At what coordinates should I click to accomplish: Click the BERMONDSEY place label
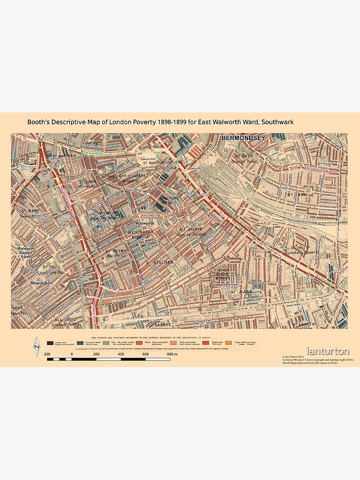(x=242, y=138)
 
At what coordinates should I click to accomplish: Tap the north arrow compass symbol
(x=36, y=347)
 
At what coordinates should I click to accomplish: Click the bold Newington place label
(x=42, y=283)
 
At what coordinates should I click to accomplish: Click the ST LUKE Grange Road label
(x=244, y=159)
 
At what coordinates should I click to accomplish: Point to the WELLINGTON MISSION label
(x=141, y=234)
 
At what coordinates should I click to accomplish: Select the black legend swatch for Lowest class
(x=50, y=343)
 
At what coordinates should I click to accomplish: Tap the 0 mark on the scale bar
(x=72, y=354)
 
